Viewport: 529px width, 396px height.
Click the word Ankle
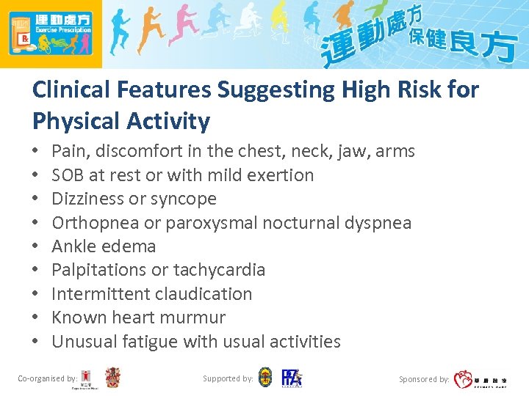(x=74, y=246)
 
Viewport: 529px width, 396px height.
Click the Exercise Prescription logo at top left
(x=51, y=34)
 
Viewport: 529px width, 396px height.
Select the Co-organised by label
(x=47, y=378)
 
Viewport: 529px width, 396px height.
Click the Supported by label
(x=228, y=378)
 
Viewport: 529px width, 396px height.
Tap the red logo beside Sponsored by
(x=464, y=379)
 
